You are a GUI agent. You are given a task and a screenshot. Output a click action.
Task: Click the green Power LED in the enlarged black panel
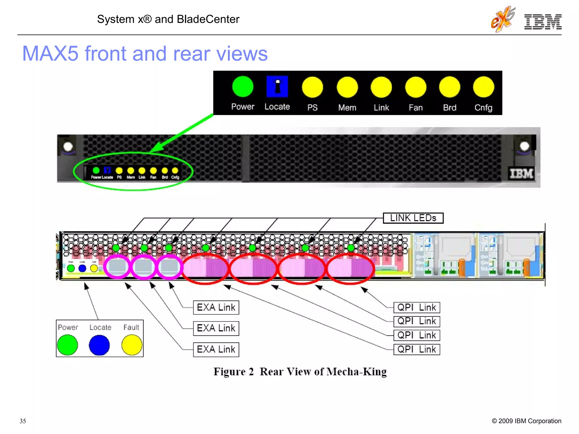click(x=243, y=87)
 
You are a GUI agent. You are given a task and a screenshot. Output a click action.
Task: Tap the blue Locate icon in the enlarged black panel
click(x=277, y=86)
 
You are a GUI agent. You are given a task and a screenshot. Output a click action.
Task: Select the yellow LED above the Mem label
click(x=347, y=87)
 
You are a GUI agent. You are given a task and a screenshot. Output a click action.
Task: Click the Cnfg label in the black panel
click(x=483, y=108)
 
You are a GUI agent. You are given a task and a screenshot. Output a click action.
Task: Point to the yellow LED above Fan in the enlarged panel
click(x=415, y=87)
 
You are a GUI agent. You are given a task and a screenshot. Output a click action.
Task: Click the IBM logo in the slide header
click(x=543, y=22)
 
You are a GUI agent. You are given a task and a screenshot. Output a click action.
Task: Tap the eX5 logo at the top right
click(x=503, y=19)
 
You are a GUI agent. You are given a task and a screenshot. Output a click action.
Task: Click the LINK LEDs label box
click(x=413, y=218)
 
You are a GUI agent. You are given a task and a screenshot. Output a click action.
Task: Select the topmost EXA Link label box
click(x=216, y=307)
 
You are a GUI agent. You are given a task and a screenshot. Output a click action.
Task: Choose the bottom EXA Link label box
click(x=216, y=350)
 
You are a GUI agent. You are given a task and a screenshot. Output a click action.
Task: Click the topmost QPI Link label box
click(x=416, y=307)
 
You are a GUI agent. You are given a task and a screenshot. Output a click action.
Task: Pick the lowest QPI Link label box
click(x=416, y=350)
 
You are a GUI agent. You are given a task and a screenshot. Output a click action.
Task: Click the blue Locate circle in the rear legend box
click(x=99, y=345)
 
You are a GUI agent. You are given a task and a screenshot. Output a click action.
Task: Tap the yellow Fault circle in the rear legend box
click(x=132, y=345)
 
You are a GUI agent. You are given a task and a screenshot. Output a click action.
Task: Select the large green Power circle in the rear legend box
click(x=68, y=345)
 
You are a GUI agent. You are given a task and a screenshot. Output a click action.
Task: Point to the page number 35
click(x=23, y=421)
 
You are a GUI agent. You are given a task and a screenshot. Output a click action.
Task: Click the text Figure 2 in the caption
click(x=234, y=372)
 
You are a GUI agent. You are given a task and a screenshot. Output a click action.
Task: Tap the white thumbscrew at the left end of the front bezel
click(x=68, y=147)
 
